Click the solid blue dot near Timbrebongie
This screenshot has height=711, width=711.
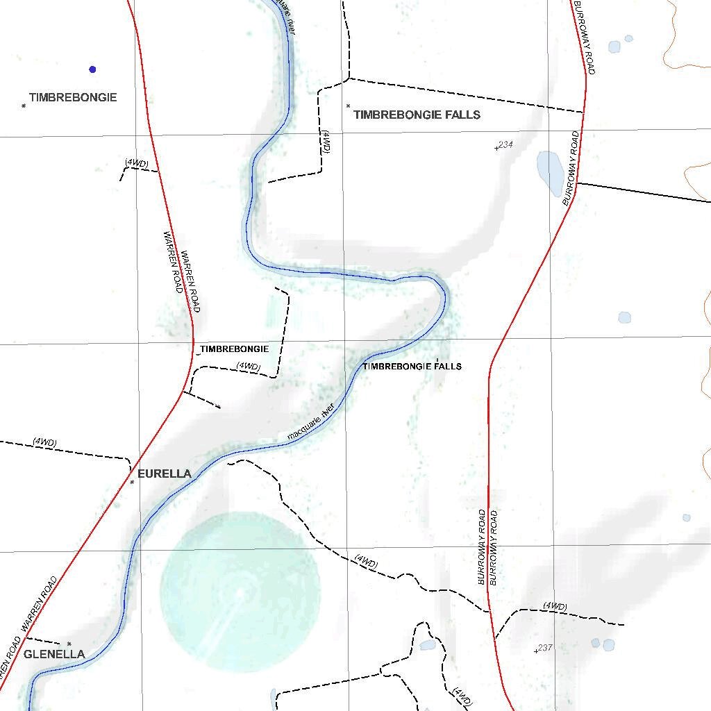pyautogui.click(x=92, y=69)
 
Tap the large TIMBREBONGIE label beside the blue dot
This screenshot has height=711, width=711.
pyautogui.click(x=73, y=98)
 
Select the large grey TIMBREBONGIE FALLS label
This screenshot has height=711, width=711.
pyautogui.click(x=417, y=115)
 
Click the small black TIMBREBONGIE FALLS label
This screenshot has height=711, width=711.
pyautogui.click(x=412, y=366)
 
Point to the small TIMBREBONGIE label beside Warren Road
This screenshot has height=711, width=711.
pyautogui.click(x=234, y=349)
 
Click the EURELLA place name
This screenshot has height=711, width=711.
pyautogui.click(x=165, y=474)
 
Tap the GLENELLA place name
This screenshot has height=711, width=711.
pyautogui.click(x=54, y=654)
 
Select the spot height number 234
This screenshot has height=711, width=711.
pyautogui.click(x=505, y=144)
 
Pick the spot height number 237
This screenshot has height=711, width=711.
pyautogui.click(x=545, y=648)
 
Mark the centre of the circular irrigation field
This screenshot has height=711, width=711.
pyautogui.click(x=240, y=592)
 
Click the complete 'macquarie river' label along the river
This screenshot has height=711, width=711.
pyautogui.click(x=311, y=421)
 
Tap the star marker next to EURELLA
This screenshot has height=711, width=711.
pyautogui.click(x=132, y=482)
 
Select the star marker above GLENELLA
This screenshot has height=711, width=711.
pyautogui.click(x=69, y=644)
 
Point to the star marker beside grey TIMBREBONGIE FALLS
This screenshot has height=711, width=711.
pyautogui.click(x=348, y=106)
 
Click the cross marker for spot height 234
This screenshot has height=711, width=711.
pyautogui.click(x=496, y=148)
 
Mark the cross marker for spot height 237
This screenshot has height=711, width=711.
pyautogui.click(x=536, y=651)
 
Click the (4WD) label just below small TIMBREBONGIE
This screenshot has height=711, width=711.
pyautogui.click(x=248, y=366)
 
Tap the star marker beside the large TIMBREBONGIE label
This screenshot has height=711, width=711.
pyautogui.click(x=24, y=106)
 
